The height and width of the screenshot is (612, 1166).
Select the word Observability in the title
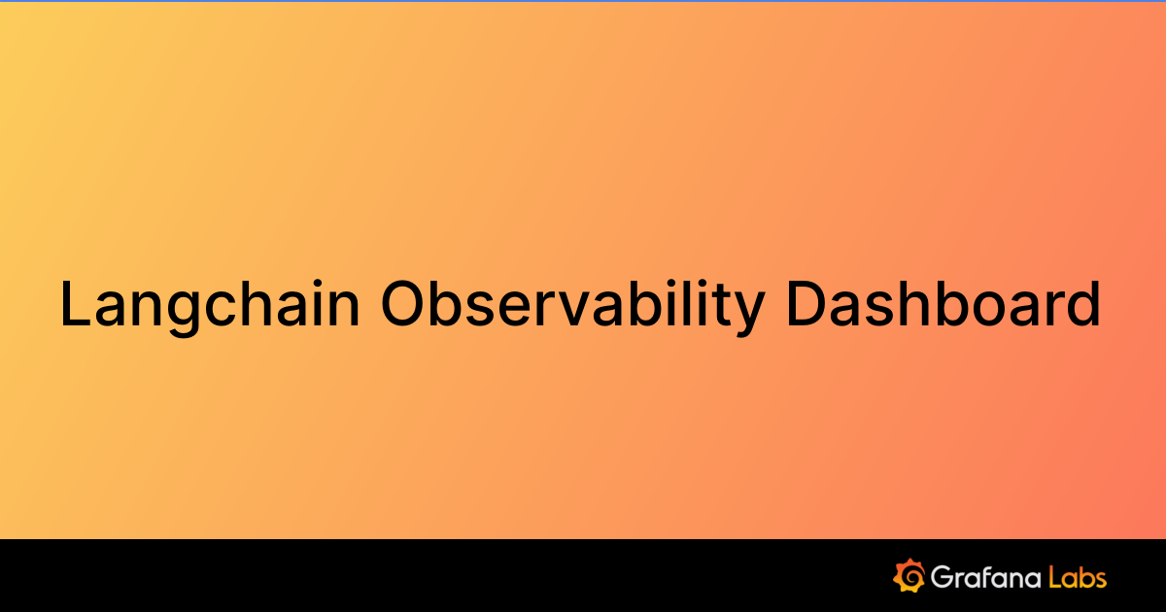pyautogui.click(x=572, y=304)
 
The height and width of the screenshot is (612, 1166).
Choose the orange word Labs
pyautogui.click(x=1079, y=577)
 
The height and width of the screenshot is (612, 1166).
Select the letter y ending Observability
pyautogui.click(x=746, y=313)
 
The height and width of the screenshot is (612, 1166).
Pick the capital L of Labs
pyautogui.click(x=1056, y=577)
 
